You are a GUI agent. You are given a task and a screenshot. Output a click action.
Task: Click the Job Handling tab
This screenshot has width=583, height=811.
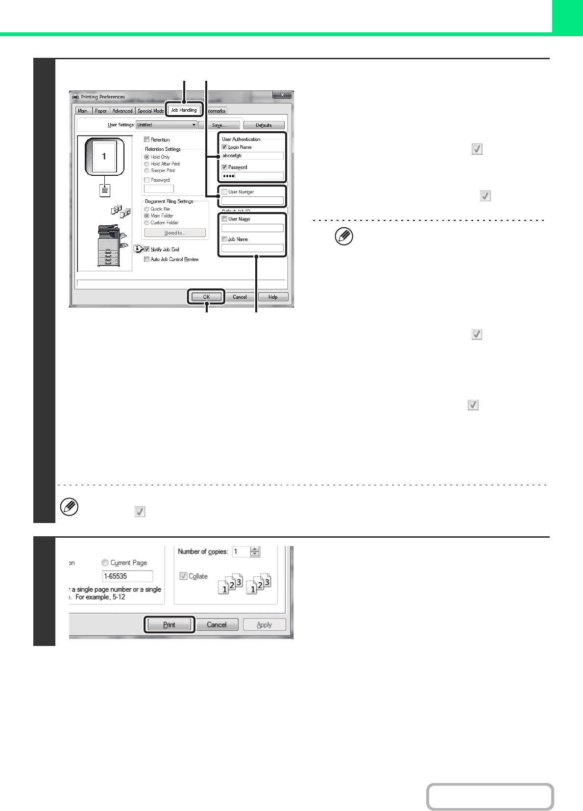tap(184, 110)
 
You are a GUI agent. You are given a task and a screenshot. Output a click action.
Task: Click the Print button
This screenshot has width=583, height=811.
tap(169, 624)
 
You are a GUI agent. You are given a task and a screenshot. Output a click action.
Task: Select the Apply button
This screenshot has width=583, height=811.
tap(265, 624)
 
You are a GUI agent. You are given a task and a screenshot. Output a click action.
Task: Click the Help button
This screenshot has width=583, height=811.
tap(273, 297)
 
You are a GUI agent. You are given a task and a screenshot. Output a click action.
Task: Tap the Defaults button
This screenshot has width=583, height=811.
tap(264, 125)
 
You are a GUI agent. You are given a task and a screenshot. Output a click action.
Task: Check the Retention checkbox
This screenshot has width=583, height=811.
tap(146, 140)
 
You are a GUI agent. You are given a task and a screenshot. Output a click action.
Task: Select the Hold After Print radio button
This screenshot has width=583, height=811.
tap(146, 164)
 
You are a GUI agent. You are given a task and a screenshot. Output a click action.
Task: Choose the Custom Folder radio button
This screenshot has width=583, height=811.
tap(146, 223)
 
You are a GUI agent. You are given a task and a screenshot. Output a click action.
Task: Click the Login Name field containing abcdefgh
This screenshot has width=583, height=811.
tap(252, 156)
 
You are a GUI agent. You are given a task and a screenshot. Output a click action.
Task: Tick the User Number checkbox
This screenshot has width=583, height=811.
tap(224, 191)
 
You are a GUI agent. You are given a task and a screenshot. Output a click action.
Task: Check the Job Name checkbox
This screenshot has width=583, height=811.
tap(224, 239)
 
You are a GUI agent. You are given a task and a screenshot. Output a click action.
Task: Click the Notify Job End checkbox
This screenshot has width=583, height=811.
tap(146, 249)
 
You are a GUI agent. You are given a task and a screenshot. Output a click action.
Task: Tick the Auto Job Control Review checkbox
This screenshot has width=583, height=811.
tap(146, 259)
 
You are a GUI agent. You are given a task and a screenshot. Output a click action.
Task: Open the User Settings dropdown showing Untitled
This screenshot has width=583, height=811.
tap(167, 125)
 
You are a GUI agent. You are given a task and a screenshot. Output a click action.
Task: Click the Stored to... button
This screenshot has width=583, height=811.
tap(175, 233)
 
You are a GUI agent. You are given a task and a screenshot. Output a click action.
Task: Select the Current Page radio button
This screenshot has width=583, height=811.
tap(105, 563)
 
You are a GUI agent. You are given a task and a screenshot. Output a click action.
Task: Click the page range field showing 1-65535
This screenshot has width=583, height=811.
tap(127, 576)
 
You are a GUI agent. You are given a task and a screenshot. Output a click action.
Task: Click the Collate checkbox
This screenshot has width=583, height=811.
tap(184, 576)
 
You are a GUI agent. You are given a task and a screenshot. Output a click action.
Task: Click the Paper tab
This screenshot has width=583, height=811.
tap(100, 111)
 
